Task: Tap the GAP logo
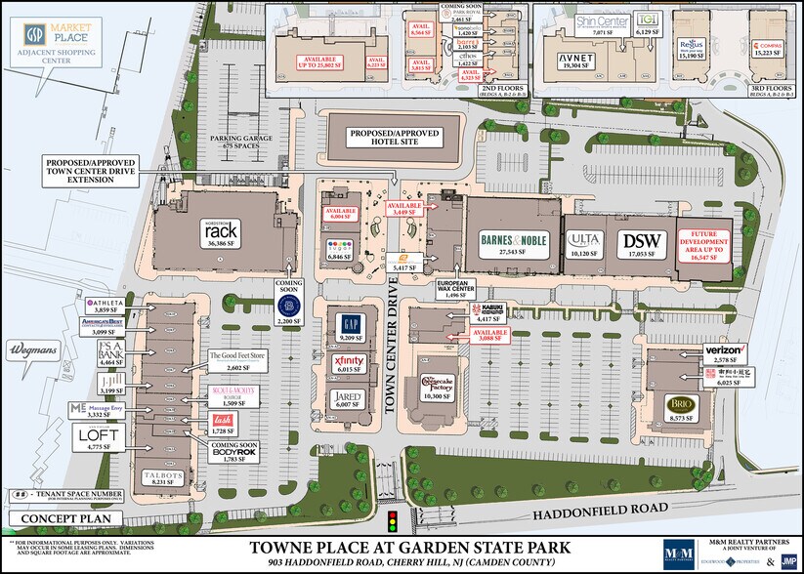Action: pos(350,324)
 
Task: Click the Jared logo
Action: pos(350,397)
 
